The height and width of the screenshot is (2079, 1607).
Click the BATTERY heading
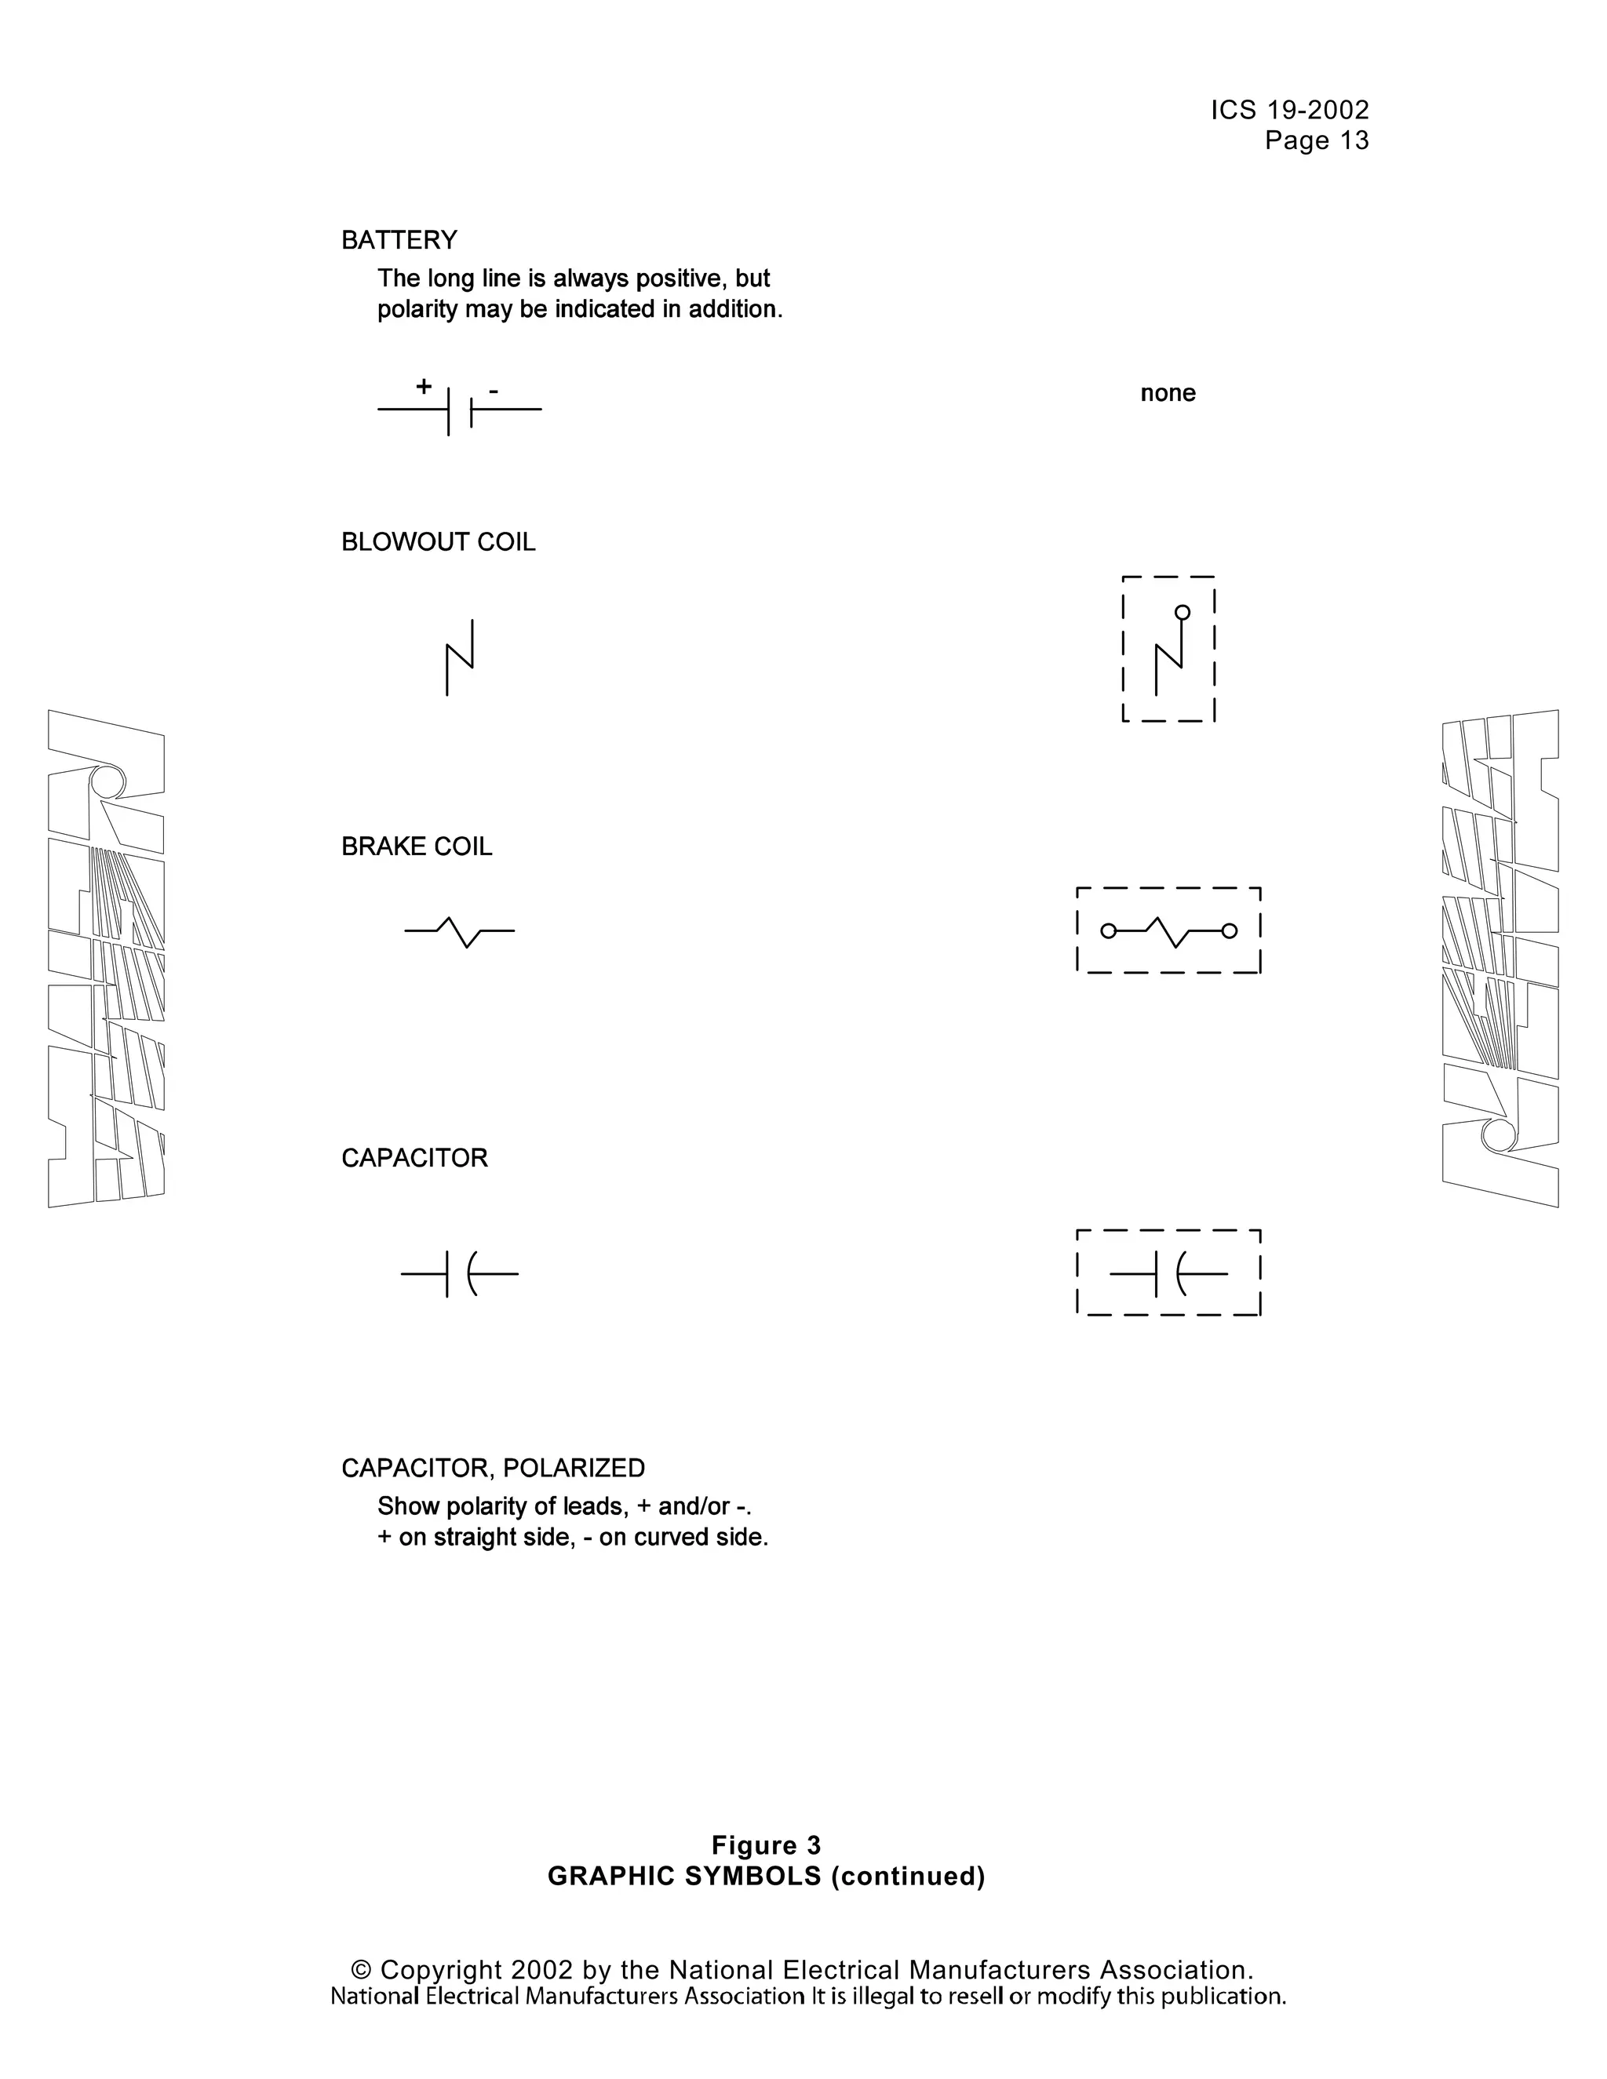(399, 240)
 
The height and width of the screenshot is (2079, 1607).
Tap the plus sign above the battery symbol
(424, 387)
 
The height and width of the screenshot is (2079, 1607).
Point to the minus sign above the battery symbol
(493, 390)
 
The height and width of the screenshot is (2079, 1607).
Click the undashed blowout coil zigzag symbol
(460, 657)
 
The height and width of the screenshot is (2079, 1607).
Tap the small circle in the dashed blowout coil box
(1182, 612)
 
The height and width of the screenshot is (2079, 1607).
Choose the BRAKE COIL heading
(416, 847)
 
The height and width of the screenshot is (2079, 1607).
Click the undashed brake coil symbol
(460, 931)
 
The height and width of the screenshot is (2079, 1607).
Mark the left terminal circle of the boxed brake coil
(1108, 931)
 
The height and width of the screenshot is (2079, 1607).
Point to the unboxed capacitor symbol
(460, 1273)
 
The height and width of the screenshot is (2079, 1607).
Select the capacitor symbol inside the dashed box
(1168, 1273)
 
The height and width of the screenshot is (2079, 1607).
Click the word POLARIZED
(574, 1468)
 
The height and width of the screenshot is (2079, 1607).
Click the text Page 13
(1317, 141)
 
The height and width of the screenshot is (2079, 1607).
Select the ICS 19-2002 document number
(1290, 111)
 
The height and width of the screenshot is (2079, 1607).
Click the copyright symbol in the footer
(361, 1969)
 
